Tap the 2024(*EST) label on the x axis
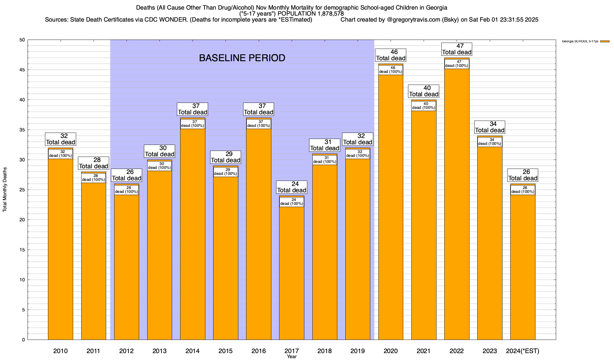coord(523,351)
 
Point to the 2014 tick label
coord(192,351)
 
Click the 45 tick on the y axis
coord(23,70)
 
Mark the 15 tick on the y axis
coord(23,250)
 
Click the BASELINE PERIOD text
coord(242,58)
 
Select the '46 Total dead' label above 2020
coord(391,55)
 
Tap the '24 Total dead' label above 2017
coord(291,187)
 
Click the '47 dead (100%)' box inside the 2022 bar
coord(457,64)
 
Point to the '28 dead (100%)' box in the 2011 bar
coord(94,178)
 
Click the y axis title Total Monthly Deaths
coord(5,189)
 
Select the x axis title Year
coord(291,357)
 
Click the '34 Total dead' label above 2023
coord(490,127)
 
